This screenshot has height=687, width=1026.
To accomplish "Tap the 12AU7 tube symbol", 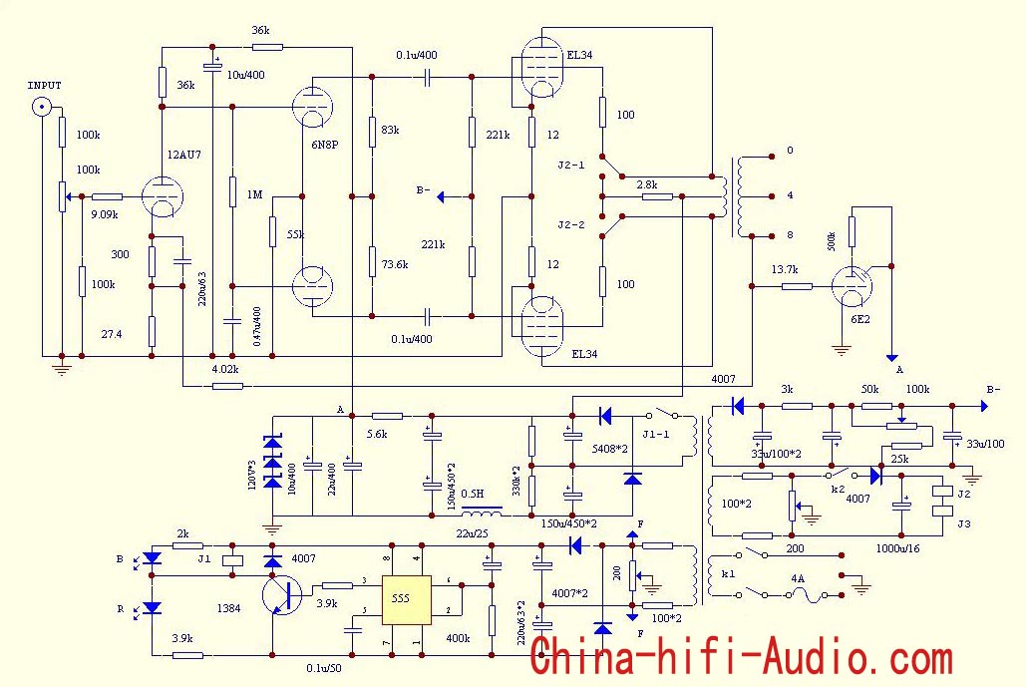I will [161, 197].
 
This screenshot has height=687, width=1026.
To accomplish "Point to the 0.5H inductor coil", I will [485, 515].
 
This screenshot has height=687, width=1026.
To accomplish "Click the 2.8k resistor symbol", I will [657, 197].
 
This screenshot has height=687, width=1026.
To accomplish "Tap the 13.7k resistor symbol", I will [797, 286].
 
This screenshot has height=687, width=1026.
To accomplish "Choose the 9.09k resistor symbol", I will [107, 196].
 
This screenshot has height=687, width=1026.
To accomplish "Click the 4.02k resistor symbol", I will [226, 386].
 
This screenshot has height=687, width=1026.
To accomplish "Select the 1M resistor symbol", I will [231, 192].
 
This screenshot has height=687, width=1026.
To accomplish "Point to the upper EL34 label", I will [579, 56].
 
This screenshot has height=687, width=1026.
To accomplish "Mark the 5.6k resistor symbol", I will [387, 415].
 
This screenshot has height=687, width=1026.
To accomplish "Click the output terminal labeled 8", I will [773, 236].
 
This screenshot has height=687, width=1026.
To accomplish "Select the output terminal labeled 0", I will [773, 157].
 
